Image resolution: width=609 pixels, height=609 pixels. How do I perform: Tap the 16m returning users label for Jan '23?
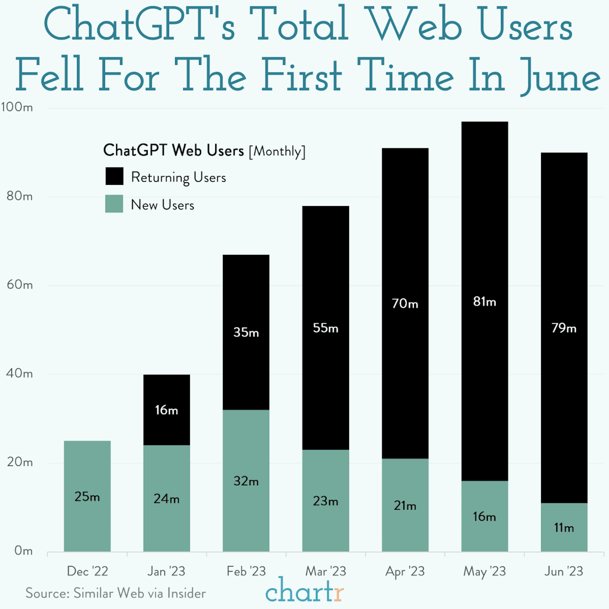pyautogui.click(x=166, y=410)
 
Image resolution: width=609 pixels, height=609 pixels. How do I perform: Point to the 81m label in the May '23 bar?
pyautogui.click(x=485, y=302)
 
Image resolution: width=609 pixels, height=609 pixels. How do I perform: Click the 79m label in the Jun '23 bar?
pyautogui.click(x=564, y=328)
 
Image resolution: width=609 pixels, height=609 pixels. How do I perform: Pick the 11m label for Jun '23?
pyautogui.click(x=564, y=528)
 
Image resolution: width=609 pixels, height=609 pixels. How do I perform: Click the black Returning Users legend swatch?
pyautogui.click(x=114, y=176)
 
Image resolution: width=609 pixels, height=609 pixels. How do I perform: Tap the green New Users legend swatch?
pyautogui.click(x=114, y=204)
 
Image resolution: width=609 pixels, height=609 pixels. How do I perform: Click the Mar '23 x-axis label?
pyautogui.click(x=326, y=571)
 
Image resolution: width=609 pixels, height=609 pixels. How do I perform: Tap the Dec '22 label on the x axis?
pyautogui.click(x=87, y=571)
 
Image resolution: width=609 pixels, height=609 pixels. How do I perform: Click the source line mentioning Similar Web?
pyautogui.click(x=116, y=593)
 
